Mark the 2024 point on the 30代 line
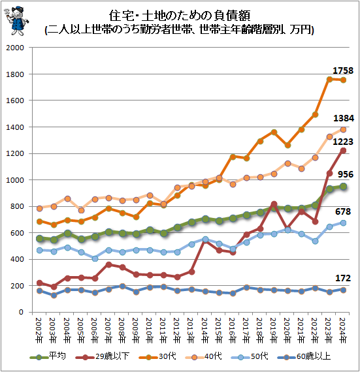pos(343,80)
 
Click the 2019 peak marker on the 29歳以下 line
pos(274,204)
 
